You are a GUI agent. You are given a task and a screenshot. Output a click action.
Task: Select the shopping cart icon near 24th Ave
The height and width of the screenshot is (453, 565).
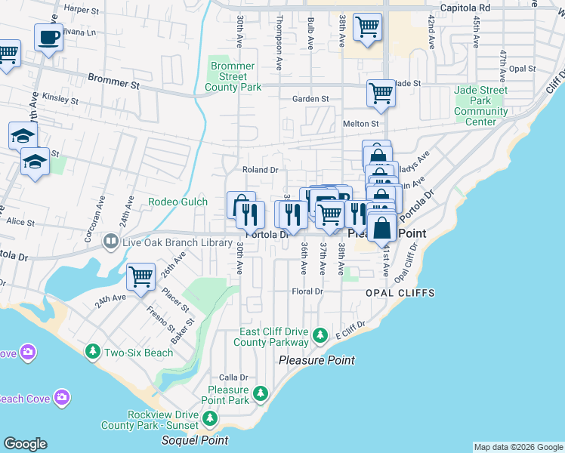[x=141, y=277]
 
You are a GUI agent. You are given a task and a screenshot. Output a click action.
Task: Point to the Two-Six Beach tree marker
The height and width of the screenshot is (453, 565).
[x=93, y=352]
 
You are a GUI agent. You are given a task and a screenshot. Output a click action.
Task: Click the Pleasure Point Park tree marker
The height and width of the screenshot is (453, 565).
[x=261, y=393]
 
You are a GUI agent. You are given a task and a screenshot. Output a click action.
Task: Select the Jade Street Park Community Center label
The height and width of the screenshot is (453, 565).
[x=481, y=106]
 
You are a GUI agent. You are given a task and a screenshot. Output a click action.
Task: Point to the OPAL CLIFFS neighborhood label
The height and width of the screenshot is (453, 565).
[x=391, y=292]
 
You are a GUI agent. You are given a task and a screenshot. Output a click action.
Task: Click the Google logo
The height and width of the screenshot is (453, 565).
[x=25, y=444]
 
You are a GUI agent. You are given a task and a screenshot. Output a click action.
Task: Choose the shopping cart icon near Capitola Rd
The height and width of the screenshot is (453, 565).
[x=367, y=26]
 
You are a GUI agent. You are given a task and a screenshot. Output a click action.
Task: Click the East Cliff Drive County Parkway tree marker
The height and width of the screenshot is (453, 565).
[x=320, y=334]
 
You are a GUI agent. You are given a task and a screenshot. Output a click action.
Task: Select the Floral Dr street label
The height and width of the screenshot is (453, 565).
[x=307, y=291]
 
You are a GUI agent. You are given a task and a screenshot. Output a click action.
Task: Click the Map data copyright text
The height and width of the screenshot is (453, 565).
[x=518, y=447]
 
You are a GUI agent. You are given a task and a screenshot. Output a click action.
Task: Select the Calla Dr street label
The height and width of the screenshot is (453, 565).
[x=233, y=377]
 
